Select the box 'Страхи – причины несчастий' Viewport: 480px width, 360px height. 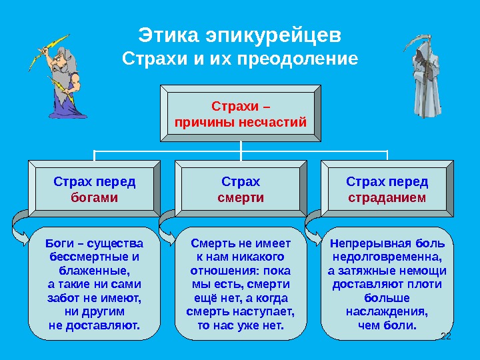point(240,114)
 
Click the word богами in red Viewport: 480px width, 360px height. point(94,198)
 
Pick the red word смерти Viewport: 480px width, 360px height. point(241,198)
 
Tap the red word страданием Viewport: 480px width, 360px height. point(387,198)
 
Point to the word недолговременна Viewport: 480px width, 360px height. point(387,257)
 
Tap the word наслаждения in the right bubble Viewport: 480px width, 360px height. point(387,311)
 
